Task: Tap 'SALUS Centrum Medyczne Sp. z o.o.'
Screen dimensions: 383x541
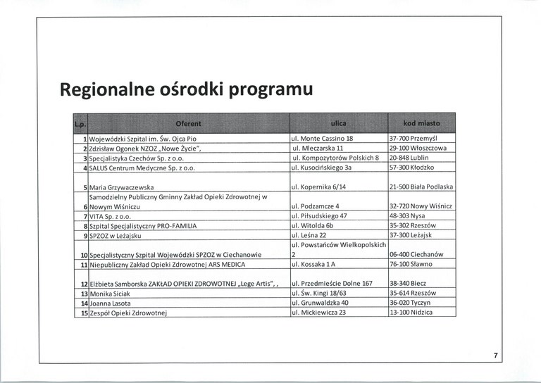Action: pyautogui.click(x=142, y=168)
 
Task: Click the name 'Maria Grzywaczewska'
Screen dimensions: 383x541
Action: pyautogui.click(x=122, y=187)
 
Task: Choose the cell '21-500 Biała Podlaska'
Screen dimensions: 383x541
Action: pyautogui.click(x=421, y=187)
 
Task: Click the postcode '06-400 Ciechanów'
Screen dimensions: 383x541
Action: pyautogui.click(x=416, y=254)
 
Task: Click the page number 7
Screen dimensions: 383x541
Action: pyautogui.click(x=496, y=356)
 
